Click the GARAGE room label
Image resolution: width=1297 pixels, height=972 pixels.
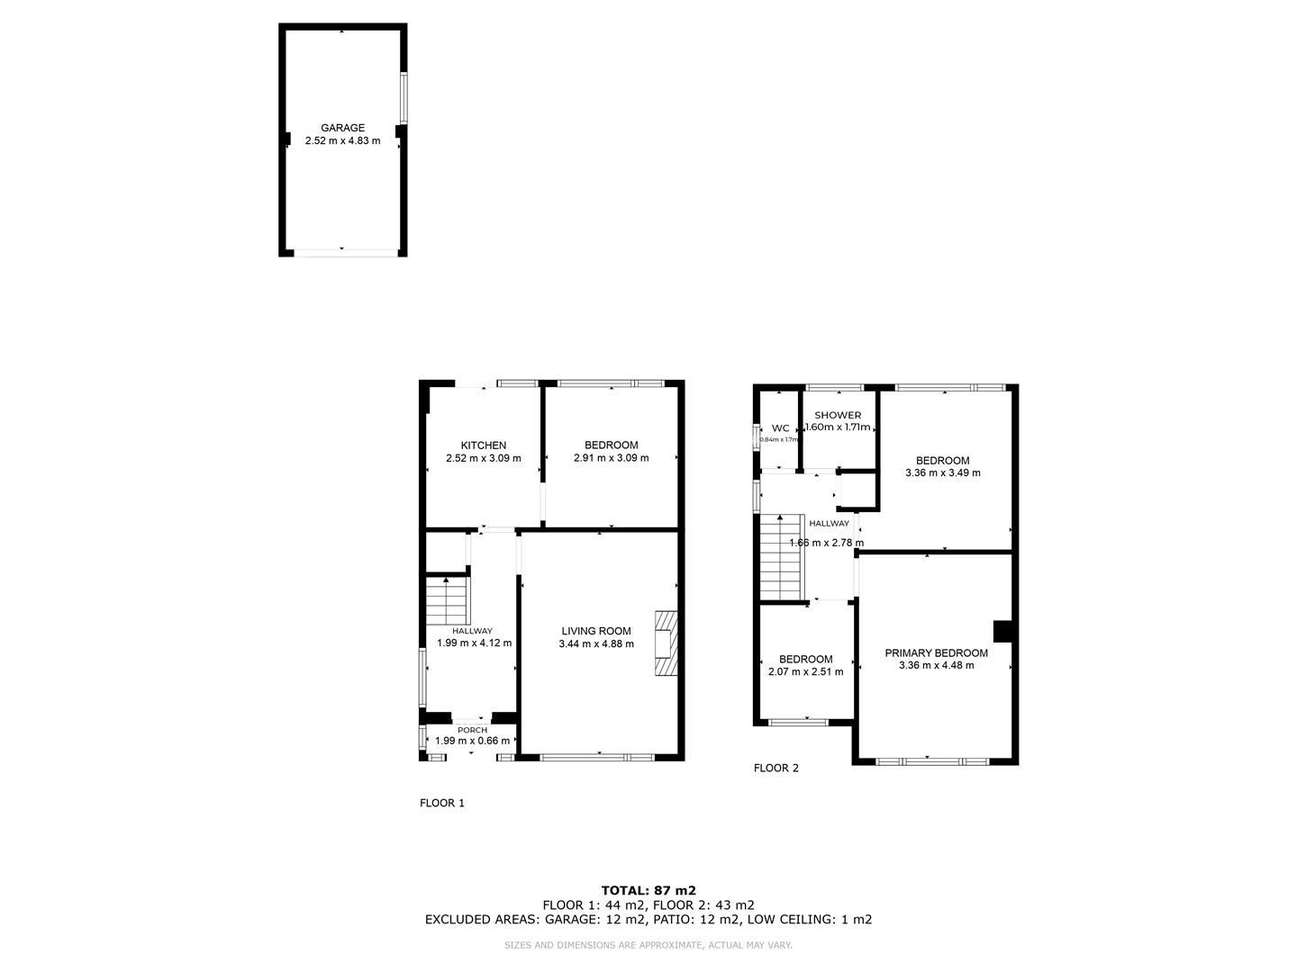point(342,128)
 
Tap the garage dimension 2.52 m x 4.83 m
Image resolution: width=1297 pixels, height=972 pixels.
point(342,141)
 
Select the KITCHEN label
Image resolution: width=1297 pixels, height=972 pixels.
point(483,445)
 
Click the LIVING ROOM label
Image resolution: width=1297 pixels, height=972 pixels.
point(596,631)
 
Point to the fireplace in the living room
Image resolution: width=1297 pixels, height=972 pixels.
point(666,643)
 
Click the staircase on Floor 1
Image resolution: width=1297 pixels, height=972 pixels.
point(448,601)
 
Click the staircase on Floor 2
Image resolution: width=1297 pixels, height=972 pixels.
point(781,557)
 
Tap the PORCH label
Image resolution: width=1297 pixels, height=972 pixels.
point(472,730)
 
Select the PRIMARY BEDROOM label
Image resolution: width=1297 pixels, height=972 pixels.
point(936,653)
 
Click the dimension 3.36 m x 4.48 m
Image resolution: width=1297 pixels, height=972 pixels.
point(936,666)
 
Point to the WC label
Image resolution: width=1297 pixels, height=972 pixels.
point(780,428)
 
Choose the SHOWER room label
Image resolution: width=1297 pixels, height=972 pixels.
point(838,415)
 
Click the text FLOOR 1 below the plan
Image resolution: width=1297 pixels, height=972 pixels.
point(442,803)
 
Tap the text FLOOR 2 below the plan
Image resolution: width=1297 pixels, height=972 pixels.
point(775,768)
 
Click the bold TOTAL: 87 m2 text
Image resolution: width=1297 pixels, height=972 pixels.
point(648,890)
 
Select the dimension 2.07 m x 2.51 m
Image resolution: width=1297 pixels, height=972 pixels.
point(805,671)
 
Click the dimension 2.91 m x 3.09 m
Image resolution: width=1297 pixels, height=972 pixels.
point(611,458)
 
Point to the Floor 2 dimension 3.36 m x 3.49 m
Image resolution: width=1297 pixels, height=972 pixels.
point(942,472)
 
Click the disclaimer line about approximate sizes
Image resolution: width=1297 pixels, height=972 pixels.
point(648,945)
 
